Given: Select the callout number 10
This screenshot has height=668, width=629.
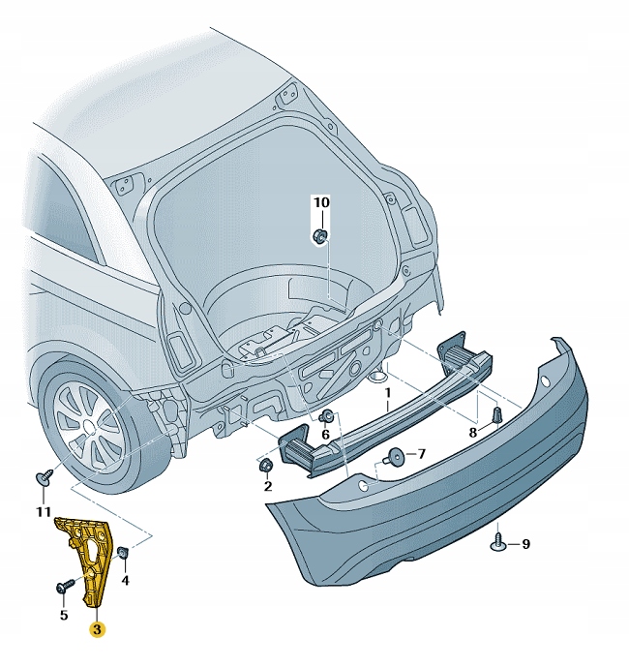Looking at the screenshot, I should coord(320,202).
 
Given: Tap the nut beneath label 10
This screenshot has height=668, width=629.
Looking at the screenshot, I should coord(320,235).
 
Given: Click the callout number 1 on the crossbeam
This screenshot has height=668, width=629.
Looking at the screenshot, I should coord(387,394).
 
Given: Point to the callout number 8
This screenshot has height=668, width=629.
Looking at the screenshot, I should coord(473,433).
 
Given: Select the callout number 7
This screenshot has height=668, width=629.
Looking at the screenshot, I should coord(421,454).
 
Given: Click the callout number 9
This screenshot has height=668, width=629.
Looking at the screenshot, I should coord(525,545).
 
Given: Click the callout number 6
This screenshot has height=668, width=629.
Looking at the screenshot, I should coord(326,436).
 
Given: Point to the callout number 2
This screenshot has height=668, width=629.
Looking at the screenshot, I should coord(267,485).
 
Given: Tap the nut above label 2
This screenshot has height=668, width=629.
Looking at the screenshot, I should coord(263,466).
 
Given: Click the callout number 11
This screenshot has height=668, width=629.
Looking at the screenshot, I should coord(43,510).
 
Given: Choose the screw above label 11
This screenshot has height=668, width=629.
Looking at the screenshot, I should coord(43,478).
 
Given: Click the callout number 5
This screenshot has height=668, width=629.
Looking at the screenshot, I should coord(63,613).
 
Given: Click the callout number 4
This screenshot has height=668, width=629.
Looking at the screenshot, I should coord(125,581).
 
